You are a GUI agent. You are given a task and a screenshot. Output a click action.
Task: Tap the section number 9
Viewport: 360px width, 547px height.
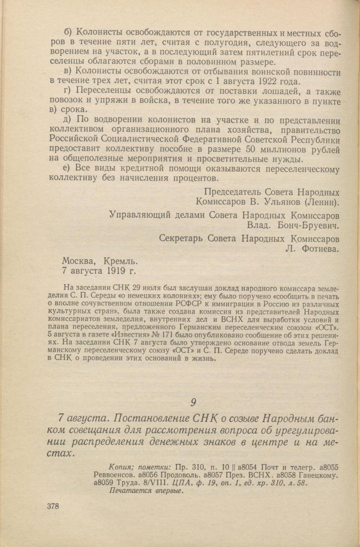click(x=193, y=402)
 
